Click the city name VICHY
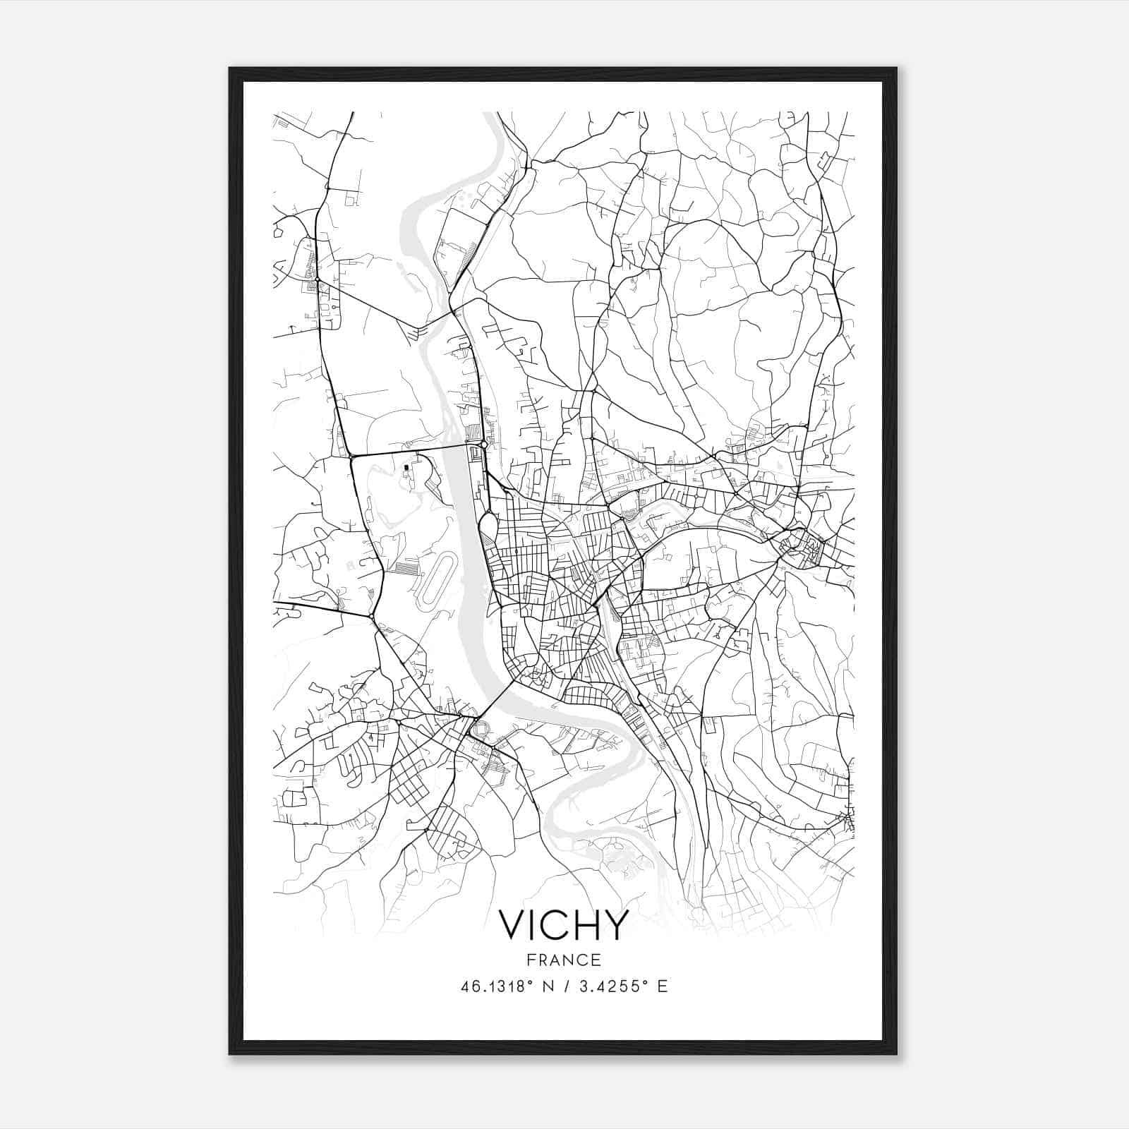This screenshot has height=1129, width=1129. (x=563, y=925)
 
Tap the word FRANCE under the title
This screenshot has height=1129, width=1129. (x=563, y=960)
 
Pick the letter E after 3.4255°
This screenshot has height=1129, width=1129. (x=662, y=986)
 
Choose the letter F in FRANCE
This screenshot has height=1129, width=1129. (x=530, y=960)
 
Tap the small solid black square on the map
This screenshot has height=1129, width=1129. (x=406, y=467)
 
